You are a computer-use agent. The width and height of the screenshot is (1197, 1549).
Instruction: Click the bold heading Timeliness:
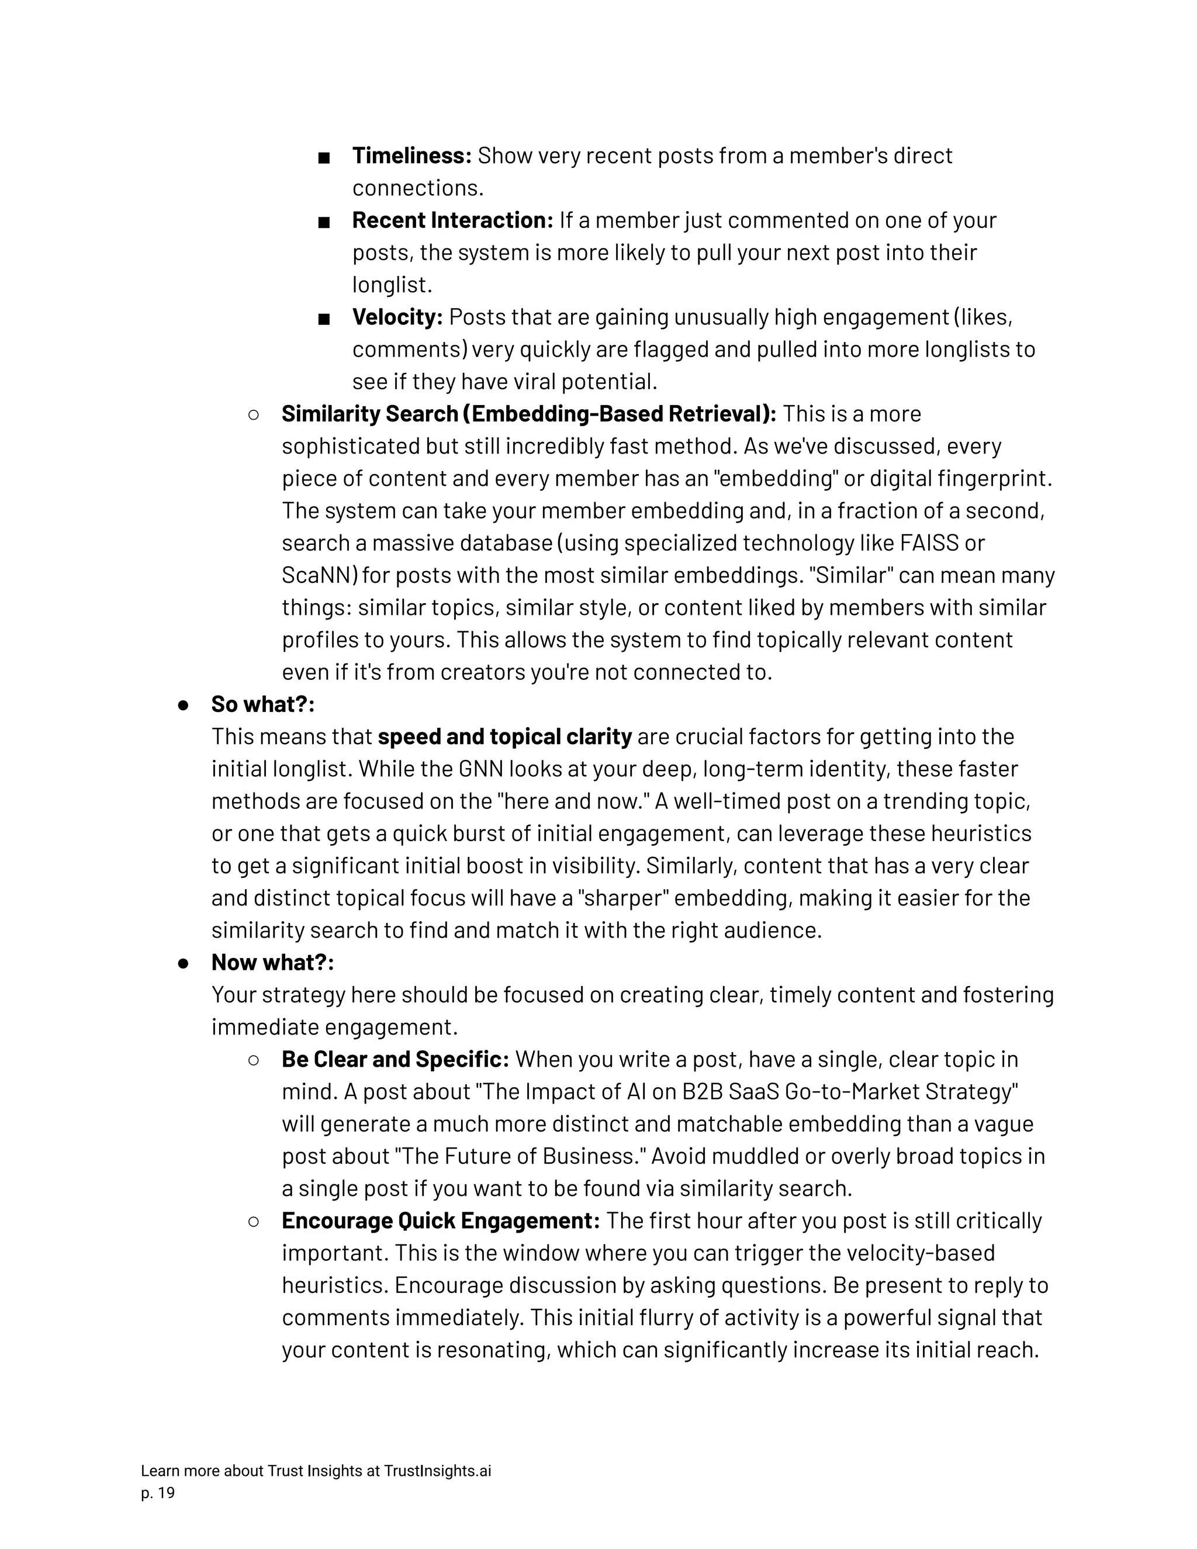coord(411,155)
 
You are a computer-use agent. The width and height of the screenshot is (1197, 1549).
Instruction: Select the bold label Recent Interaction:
coord(452,220)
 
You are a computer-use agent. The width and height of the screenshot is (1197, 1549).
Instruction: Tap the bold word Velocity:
coord(397,317)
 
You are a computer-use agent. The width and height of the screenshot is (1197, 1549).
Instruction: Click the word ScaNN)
coord(319,575)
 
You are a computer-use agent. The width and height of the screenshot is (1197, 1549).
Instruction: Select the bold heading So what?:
coord(262,704)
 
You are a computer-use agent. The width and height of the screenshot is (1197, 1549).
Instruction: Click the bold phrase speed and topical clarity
coord(504,737)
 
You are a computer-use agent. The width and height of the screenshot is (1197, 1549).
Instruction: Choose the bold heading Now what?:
coord(272,963)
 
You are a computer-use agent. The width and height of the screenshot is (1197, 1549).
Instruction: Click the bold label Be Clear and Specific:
coord(395,1060)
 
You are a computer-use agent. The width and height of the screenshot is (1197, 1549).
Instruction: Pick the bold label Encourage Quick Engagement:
coord(440,1220)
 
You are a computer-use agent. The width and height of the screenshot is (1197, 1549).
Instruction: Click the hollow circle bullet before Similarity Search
coord(253,415)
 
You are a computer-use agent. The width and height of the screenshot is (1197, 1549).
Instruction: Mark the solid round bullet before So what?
coord(183,705)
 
